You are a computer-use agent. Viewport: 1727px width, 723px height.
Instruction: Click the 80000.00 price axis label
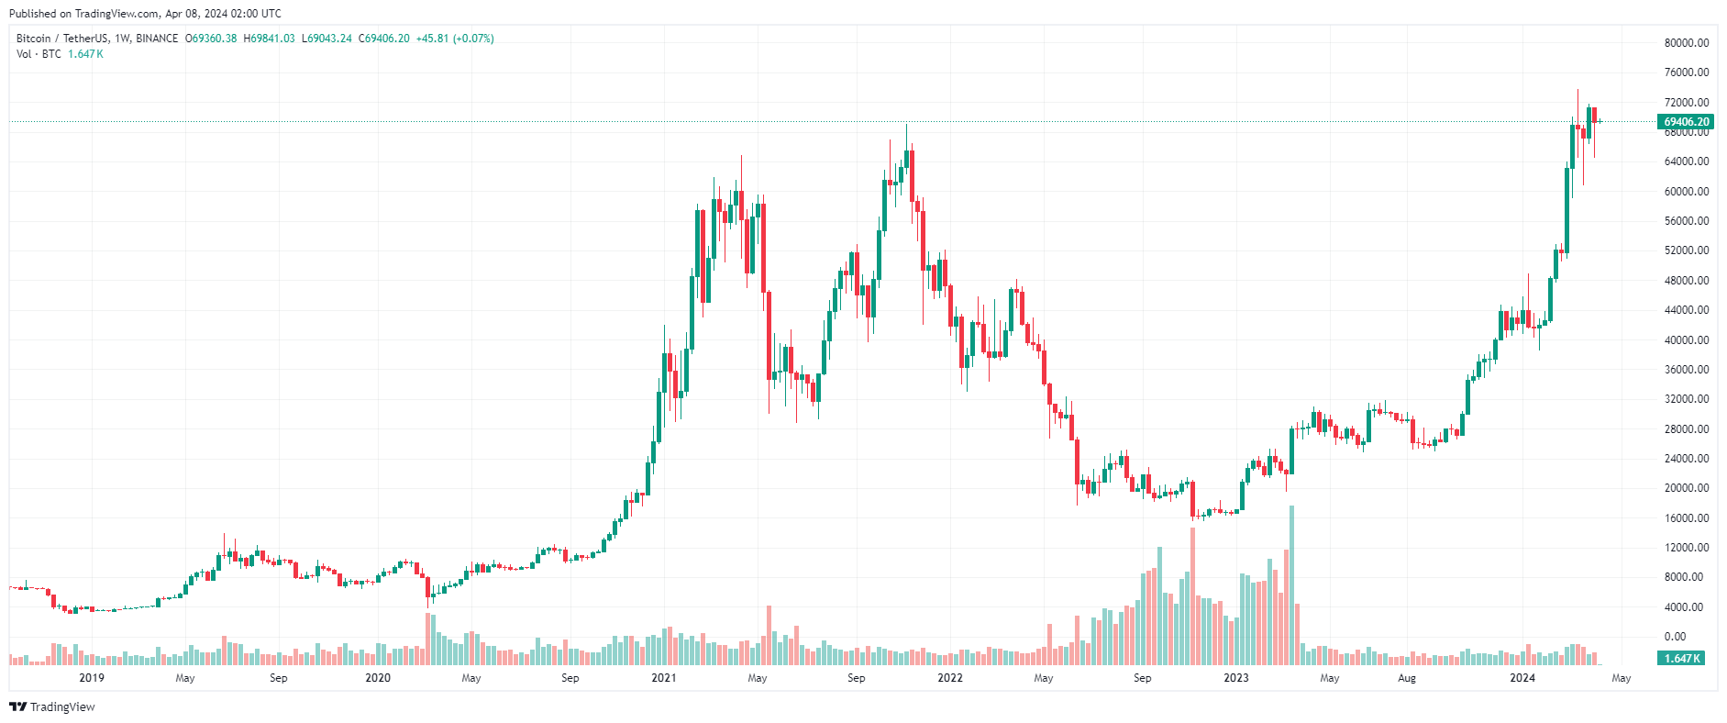click(x=1686, y=43)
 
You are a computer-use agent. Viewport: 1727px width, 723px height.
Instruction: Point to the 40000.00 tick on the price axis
click(x=1686, y=340)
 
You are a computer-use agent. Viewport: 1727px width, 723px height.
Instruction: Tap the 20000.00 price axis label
click(x=1686, y=488)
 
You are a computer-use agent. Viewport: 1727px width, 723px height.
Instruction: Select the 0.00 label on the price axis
click(x=1675, y=637)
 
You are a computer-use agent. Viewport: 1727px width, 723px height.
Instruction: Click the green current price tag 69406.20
click(x=1686, y=122)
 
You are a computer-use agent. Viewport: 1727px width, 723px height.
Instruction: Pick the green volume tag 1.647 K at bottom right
click(x=1682, y=659)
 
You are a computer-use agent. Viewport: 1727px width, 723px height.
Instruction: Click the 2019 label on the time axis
click(x=92, y=678)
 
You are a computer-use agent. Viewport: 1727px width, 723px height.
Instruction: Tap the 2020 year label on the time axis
click(x=377, y=678)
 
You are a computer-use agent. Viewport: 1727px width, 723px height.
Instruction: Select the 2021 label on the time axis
click(x=663, y=678)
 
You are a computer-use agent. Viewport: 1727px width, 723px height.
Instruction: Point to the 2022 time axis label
click(x=949, y=678)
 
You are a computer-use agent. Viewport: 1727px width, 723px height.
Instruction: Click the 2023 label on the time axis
click(x=1235, y=678)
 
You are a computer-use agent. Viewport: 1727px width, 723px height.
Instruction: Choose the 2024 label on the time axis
click(x=1522, y=678)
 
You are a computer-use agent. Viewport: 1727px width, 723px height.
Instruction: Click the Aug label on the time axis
click(x=1406, y=678)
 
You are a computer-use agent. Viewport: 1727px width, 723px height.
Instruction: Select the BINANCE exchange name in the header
click(x=157, y=39)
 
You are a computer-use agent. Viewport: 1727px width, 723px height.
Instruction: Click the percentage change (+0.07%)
click(x=473, y=39)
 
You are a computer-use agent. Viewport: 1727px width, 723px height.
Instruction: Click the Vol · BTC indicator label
click(x=39, y=54)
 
